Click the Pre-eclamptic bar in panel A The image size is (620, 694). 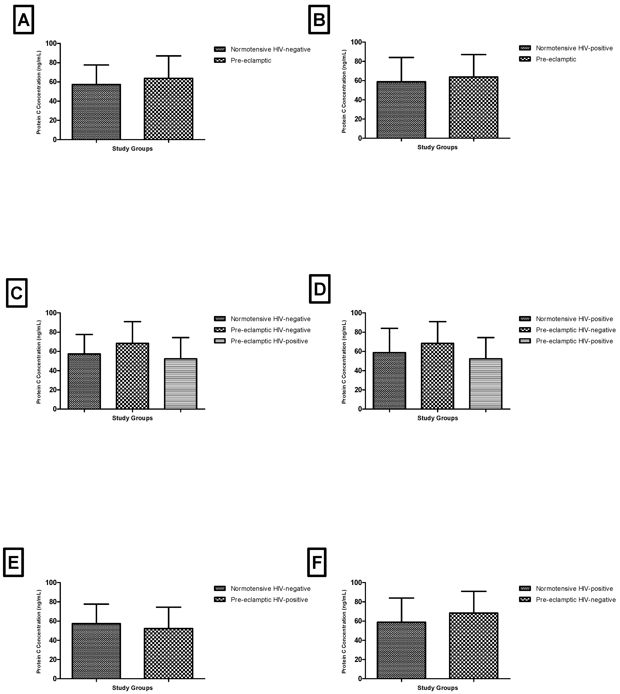coord(169,109)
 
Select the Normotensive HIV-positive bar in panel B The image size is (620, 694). coord(401,110)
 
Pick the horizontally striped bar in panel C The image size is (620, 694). coord(181,384)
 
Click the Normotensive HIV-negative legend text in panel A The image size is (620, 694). coord(270,49)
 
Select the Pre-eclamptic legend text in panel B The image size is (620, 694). coord(556,59)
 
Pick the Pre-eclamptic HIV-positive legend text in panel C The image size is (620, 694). coord(269,341)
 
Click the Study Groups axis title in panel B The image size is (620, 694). coord(437,147)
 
